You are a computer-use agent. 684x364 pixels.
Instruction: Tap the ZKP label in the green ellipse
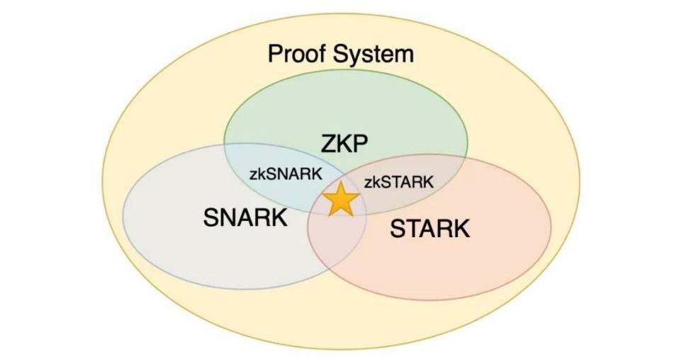pyautogui.click(x=344, y=144)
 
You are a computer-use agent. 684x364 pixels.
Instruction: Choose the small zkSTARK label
pyautogui.click(x=398, y=182)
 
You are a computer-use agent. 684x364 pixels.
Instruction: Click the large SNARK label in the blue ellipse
pyautogui.click(x=245, y=217)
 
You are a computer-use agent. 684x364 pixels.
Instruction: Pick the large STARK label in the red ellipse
pyautogui.click(x=430, y=229)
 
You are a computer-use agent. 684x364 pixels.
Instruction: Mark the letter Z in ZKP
pyautogui.click(x=328, y=144)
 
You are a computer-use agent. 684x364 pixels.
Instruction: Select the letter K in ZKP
pyautogui.click(x=344, y=144)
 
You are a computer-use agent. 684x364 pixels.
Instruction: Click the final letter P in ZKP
pyautogui.click(x=361, y=144)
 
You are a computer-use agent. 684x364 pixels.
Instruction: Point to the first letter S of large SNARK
pyautogui.click(x=211, y=217)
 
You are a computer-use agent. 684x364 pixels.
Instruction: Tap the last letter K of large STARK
pyautogui.click(x=461, y=229)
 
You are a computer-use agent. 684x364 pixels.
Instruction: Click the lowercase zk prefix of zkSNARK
pyautogui.click(x=259, y=174)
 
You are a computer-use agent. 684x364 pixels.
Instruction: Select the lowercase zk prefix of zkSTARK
pyautogui.click(x=371, y=182)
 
